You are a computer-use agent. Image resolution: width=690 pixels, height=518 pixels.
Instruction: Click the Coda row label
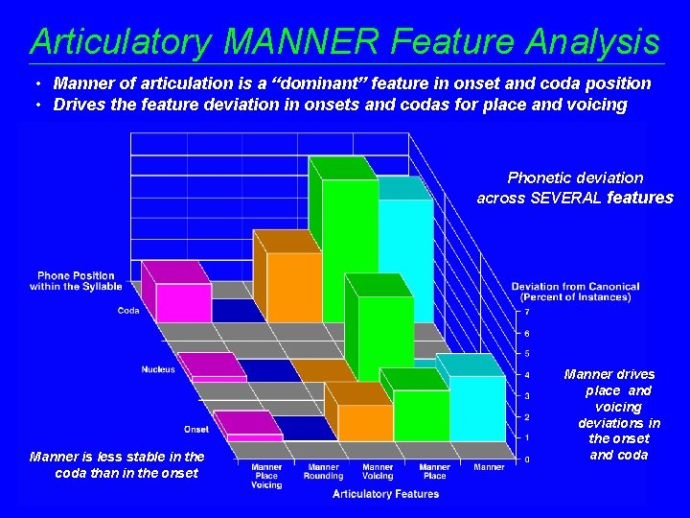[128, 310]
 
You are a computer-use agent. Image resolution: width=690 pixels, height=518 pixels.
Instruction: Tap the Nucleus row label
[158, 369]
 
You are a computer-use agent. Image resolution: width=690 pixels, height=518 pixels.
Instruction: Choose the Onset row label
[196, 429]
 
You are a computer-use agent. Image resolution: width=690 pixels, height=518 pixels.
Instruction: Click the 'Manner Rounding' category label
[322, 471]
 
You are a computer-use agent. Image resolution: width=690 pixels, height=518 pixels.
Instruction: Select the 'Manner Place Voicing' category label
[266, 476]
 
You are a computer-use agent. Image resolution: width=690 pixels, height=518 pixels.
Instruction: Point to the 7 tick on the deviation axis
[526, 312]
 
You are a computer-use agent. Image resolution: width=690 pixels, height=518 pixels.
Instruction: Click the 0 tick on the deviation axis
[526, 459]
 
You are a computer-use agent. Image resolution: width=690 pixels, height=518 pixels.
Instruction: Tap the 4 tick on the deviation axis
[526, 375]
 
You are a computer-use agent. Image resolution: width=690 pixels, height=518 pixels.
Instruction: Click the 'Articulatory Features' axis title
[385, 494]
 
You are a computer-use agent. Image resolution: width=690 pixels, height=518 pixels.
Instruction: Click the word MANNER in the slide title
[303, 41]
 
